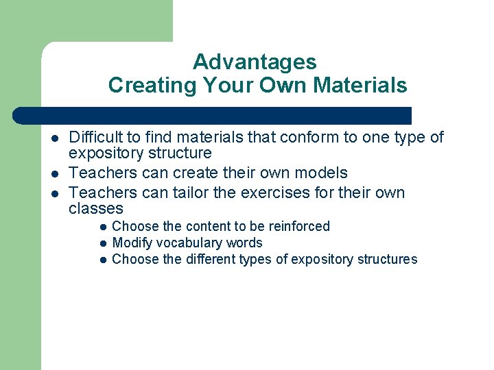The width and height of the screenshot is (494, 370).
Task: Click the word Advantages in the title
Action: click(255, 62)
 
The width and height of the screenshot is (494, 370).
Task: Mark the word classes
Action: click(96, 208)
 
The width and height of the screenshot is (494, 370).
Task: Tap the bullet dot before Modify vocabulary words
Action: click(102, 243)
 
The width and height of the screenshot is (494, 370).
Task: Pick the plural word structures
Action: click(386, 259)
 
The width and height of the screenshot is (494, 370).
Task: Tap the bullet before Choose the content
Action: click(102, 227)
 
